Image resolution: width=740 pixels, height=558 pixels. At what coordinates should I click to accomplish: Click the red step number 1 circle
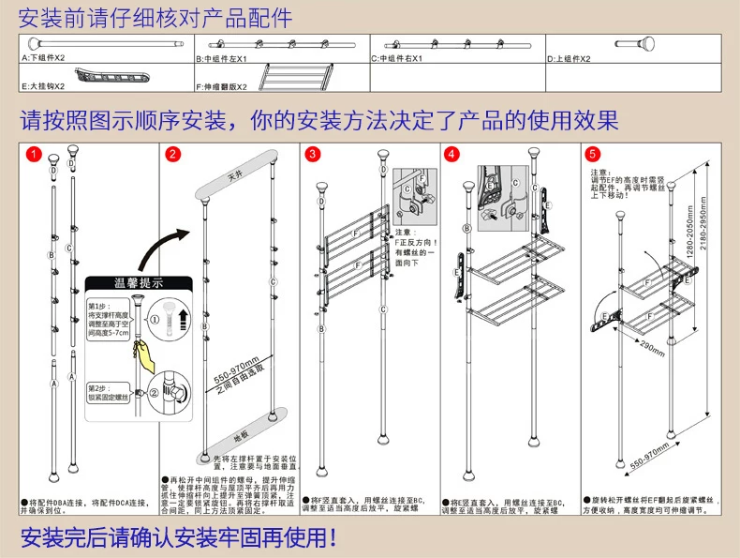[34, 154]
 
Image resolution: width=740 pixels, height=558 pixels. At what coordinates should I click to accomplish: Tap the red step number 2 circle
[172, 154]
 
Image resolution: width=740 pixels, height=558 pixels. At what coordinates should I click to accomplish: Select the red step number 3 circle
[312, 154]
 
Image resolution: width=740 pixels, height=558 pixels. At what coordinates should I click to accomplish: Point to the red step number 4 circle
[451, 154]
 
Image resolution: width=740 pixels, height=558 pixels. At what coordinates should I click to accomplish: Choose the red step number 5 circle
[591, 154]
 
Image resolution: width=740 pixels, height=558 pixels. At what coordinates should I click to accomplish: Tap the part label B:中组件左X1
[221, 58]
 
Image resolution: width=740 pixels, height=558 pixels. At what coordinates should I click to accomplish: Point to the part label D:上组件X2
[569, 58]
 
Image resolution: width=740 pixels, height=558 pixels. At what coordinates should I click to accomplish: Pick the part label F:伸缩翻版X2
[221, 86]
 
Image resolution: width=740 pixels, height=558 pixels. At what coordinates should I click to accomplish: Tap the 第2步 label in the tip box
[97, 387]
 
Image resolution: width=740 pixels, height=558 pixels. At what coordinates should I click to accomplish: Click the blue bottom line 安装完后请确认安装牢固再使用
[178, 538]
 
